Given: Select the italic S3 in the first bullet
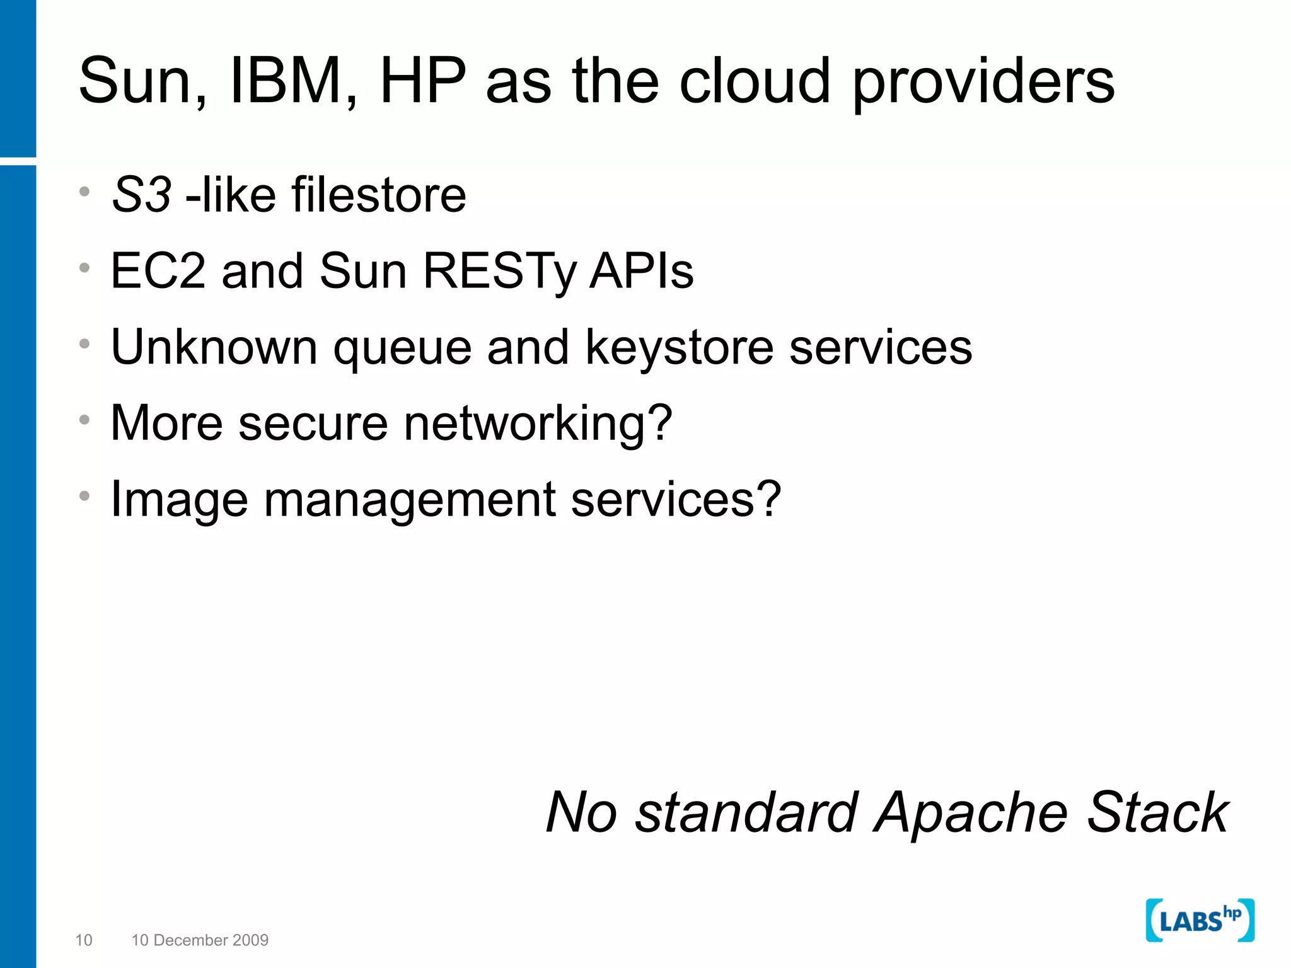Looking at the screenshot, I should point(141,195).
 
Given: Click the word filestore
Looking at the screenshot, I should point(378,195).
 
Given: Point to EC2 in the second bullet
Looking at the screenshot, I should point(158,271).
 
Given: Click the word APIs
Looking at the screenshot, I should point(641,271).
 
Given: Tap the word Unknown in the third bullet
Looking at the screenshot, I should point(214,347).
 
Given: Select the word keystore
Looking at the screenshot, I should point(679,349).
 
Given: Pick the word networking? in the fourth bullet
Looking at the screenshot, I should point(538,423).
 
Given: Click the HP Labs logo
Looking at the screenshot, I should point(1200,920).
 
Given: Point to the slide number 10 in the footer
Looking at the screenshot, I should point(84,940).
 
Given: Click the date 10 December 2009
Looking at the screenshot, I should point(200,940).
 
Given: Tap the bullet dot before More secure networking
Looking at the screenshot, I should point(84,420).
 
